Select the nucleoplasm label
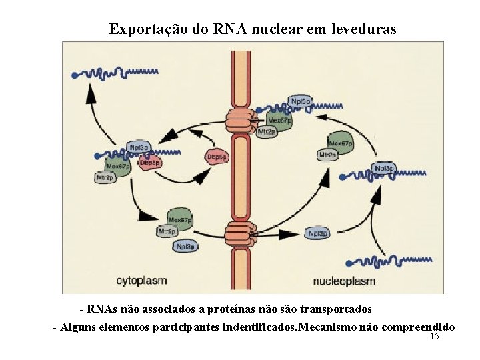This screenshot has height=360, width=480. (344, 281)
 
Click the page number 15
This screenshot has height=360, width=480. (435, 337)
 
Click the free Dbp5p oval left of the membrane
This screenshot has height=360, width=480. (215, 157)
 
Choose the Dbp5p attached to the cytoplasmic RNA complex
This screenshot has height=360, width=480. (149, 162)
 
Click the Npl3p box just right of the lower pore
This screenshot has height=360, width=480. (318, 233)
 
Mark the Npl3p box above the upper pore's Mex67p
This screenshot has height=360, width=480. (299, 101)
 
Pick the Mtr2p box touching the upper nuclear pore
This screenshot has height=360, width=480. (266, 132)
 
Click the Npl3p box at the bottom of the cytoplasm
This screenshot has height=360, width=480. (185, 246)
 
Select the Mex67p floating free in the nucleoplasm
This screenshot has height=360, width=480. (340, 143)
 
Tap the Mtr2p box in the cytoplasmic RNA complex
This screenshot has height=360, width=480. (105, 178)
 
